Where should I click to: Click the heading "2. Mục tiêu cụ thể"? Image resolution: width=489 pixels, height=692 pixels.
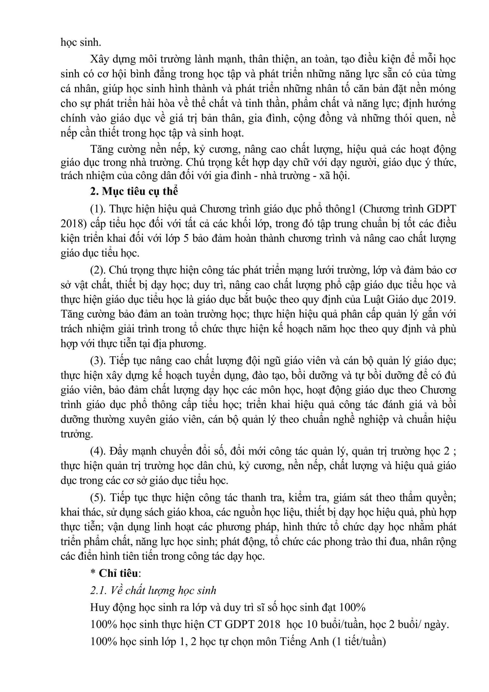click(134, 192)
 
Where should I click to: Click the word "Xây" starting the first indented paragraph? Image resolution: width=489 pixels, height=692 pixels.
click(99, 59)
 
